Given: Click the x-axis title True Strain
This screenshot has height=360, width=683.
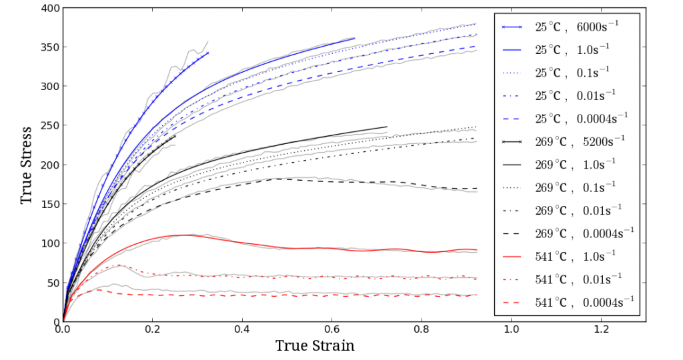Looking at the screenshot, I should [314, 345].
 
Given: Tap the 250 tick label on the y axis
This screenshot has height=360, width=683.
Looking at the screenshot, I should [50, 126].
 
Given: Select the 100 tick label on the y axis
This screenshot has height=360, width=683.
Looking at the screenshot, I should [50, 243].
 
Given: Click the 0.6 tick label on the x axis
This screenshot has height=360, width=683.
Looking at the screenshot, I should [331, 329].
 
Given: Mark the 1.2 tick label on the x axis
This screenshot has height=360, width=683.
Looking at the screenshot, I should [601, 329].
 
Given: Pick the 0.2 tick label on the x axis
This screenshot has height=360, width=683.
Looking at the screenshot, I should [152, 329].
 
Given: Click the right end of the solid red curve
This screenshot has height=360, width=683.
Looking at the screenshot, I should [476, 250].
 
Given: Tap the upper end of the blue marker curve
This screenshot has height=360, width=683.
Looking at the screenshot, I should [208, 53].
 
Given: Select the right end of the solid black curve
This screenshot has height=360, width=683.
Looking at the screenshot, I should [387, 127].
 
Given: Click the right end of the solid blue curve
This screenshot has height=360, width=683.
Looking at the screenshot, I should [354, 39].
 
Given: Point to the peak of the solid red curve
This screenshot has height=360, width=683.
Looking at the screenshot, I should [183, 235].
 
